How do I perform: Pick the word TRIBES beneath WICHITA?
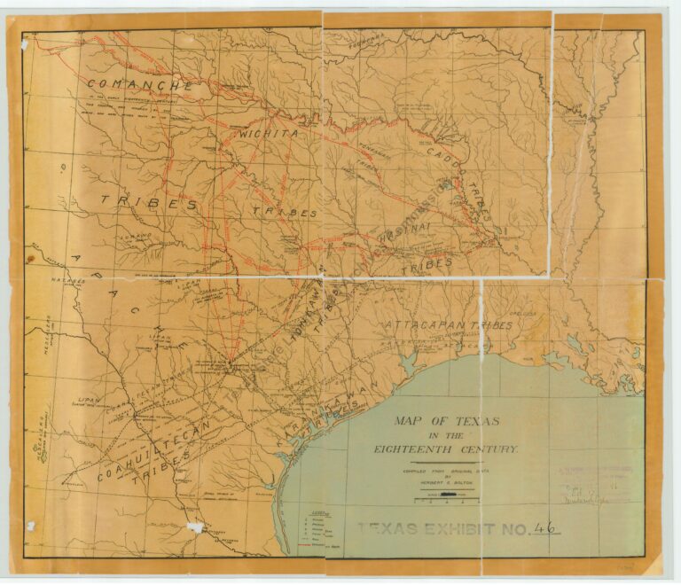pyautogui.click(x=284, y=213)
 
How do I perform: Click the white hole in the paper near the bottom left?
pyautogui.click(x=195, y=527)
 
